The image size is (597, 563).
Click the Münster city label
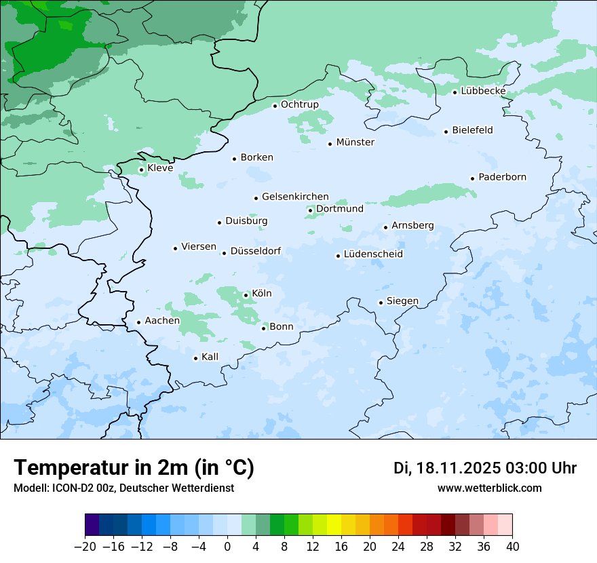point(355,142)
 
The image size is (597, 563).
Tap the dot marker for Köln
point(246,295)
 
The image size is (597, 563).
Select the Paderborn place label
point(502,177)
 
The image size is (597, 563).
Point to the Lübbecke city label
point(483,91)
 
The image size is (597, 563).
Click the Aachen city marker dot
point(138,323)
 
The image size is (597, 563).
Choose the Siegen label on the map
point(402,301)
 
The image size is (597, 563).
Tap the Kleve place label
point(160,168)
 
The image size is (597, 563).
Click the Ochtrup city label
point(299,104)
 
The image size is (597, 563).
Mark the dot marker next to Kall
point(195,358)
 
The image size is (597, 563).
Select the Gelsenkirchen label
point(295,197)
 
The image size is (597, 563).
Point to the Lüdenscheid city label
point(373,254)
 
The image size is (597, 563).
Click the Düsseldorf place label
point(255,251)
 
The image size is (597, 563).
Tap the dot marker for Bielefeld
point(446,132)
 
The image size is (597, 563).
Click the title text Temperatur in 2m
point(134,468)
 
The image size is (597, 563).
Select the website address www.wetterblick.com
point(489,488)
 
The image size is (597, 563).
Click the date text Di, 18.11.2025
point(446,468)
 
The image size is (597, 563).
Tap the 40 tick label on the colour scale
point(512,547)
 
